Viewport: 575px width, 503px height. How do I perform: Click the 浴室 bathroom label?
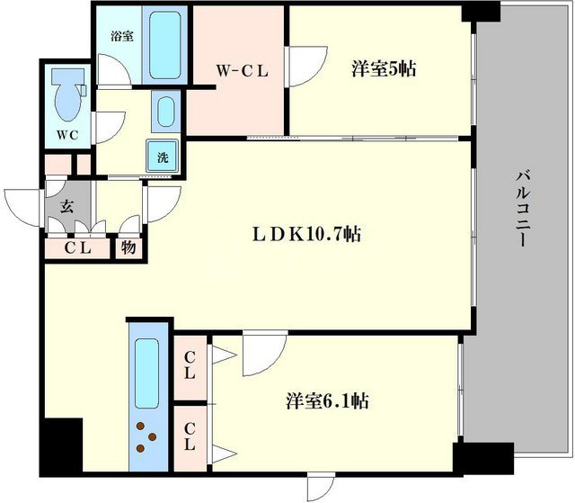click(122, 36)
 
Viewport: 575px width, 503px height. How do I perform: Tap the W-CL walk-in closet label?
click(242, 71)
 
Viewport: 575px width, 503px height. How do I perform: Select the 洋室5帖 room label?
click(384, 68)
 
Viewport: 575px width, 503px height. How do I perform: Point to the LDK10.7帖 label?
click(306, 234)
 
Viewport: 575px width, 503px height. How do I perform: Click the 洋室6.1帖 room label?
click(327, 401)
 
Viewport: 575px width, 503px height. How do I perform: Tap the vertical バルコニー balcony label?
click(523, 208)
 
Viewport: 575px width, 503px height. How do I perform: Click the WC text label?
click(67, 135)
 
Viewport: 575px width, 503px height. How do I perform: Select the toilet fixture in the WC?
click(68, 94)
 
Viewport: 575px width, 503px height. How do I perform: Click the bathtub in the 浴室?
click(165, 45)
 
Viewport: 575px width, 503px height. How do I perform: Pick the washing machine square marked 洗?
click(163, 156)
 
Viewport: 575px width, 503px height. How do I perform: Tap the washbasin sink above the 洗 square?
click(166, 112)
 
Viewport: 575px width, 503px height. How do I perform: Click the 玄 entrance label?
click(66, 206)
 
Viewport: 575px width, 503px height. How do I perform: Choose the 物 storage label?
click(128, 248)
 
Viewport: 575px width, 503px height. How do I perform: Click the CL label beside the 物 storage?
click(78, 248)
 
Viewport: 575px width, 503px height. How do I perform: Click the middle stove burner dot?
click(152, 437)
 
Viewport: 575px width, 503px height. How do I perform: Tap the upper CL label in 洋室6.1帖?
click(190, 365)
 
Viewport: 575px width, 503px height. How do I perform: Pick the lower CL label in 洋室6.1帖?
click(190, 436)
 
